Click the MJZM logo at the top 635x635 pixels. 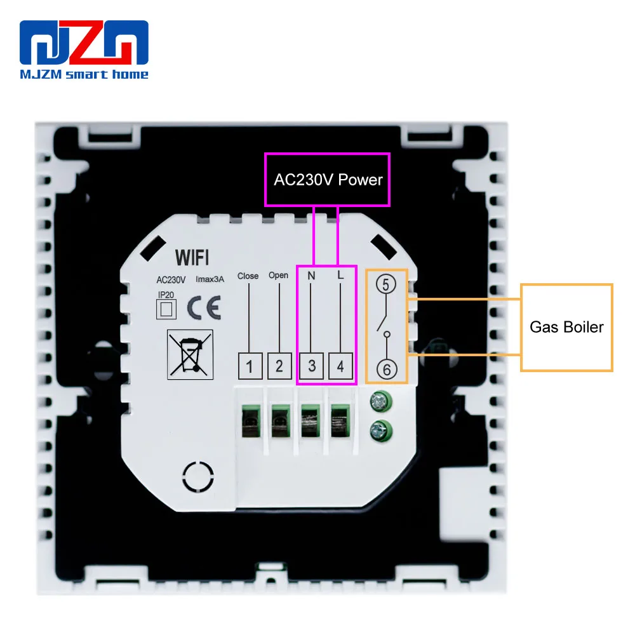[x=84, y=50]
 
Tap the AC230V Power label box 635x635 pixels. [x=328, y=180]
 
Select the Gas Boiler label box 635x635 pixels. [x=566, y=328]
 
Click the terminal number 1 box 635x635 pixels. [x=250, y=366]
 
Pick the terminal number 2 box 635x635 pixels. [x=279, y=366]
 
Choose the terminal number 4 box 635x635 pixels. [x=341, y=366]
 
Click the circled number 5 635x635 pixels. [x=386, y=285]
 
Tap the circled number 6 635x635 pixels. [x=386, y=368]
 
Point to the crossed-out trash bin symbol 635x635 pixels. [x=189, y=352]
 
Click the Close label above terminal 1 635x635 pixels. [x=248, y=276]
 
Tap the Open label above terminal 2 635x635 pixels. [x=278, y=276]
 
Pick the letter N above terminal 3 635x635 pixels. [x=311, y=276]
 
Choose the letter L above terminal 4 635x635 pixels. [x=341, y=276]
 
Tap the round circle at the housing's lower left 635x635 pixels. [x=199, y=476]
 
